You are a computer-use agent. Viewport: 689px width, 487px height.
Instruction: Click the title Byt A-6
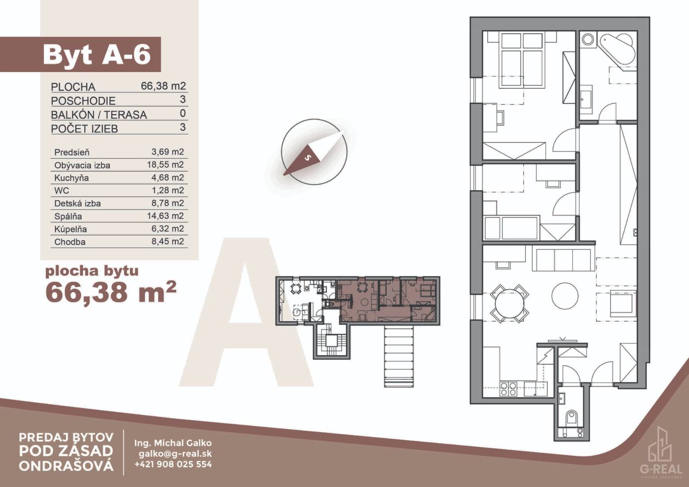[x=96, y=55]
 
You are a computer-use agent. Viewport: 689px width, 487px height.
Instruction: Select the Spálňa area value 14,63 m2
[x=165, y=216]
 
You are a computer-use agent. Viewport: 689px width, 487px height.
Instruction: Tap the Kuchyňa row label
[x=71, y=178]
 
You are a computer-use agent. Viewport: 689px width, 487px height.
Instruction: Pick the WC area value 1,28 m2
[x=168, y=190]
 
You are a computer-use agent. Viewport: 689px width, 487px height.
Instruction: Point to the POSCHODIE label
[x=83, y=101]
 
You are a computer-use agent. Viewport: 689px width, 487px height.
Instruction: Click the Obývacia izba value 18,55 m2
[x=165, y=165]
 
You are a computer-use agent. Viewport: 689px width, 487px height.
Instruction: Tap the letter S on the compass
[x=308, y=158]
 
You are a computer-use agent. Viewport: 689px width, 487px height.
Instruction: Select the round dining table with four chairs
[x=510, y=303]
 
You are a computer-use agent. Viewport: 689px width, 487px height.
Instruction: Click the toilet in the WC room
[x=571, y=418]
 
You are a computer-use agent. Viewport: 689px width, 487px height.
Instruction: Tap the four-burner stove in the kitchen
[x=508, y=389]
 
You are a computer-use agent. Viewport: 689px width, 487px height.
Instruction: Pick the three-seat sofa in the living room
[x=563, y=260]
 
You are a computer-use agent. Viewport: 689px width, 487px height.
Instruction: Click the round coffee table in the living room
[x=565, y=296]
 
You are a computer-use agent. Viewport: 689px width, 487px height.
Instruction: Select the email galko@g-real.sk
[x=175, y=454]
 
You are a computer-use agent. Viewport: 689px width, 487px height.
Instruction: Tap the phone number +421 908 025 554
[x=173, y=464]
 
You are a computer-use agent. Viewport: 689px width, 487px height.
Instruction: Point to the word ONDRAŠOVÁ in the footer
[x=66, y=466]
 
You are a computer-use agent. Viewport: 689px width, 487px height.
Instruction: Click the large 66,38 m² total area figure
[x=111, y=292]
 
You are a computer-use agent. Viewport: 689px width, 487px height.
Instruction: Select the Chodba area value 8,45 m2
[x=168, y=242]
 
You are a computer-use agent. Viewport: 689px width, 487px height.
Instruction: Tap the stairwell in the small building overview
[x=331, y=341]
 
